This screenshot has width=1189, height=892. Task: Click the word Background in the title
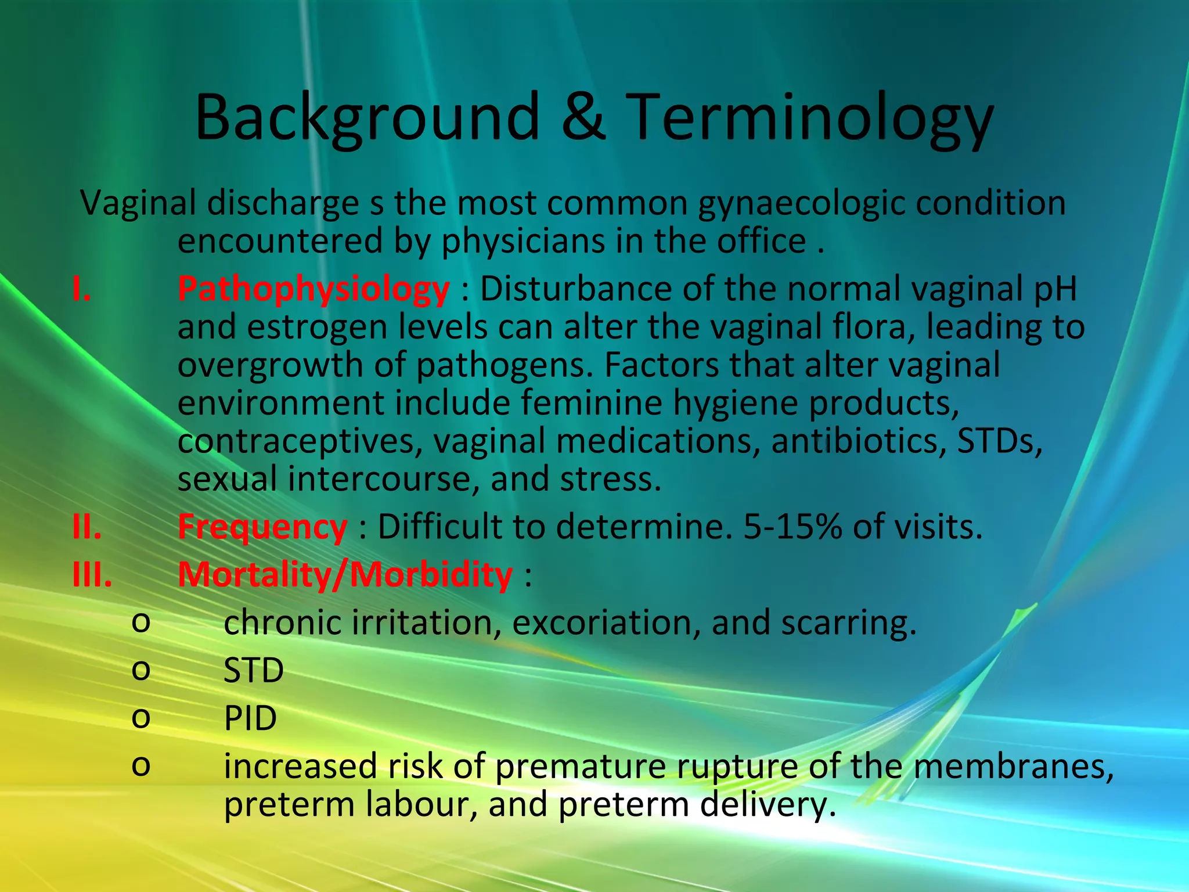367,117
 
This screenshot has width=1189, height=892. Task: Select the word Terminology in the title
809,117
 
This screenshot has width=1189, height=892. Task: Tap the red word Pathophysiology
314,289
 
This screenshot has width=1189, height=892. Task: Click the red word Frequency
262,527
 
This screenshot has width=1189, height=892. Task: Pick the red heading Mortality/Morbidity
345,574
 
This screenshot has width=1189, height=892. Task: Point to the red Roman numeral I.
81,289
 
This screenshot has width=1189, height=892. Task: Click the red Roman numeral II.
87,527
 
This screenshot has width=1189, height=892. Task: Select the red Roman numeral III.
92,574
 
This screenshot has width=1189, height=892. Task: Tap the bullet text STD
254,670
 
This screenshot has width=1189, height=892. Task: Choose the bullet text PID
250,718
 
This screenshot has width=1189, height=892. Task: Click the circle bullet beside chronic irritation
141,623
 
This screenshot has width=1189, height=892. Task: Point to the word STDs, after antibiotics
999,441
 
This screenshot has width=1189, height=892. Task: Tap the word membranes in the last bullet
1013,766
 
